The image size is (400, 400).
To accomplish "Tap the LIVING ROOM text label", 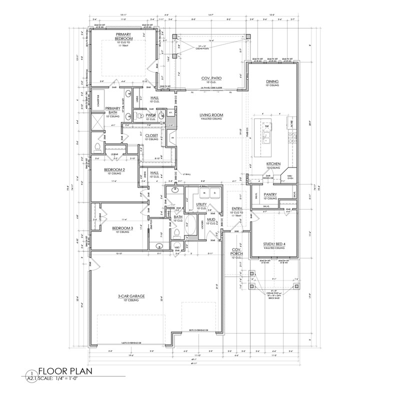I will (211, 114).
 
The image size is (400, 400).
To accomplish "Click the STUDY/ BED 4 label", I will (273, 245).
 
